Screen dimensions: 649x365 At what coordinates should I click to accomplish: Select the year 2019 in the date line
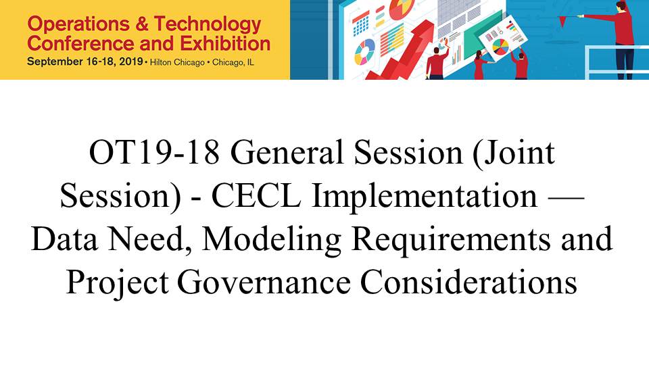130,62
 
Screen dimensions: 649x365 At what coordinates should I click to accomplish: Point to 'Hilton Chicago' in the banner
177,62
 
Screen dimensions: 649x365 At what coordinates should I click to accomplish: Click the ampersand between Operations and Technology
141,24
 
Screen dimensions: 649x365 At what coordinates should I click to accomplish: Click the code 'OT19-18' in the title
154,152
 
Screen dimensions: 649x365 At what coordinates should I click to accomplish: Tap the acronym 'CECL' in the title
256,196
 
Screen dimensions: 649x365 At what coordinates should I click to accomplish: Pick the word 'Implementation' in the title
425,197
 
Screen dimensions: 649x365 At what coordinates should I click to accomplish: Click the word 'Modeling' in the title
272,241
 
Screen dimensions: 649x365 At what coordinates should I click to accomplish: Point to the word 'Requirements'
451,241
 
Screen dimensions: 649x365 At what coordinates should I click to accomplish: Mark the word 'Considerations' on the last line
469,282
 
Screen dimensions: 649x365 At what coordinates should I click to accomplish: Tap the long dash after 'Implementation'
566,199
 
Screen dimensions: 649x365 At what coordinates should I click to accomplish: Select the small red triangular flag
562,21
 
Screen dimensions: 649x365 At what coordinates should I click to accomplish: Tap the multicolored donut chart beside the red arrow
364,52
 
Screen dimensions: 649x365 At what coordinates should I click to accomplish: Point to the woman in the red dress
480,66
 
